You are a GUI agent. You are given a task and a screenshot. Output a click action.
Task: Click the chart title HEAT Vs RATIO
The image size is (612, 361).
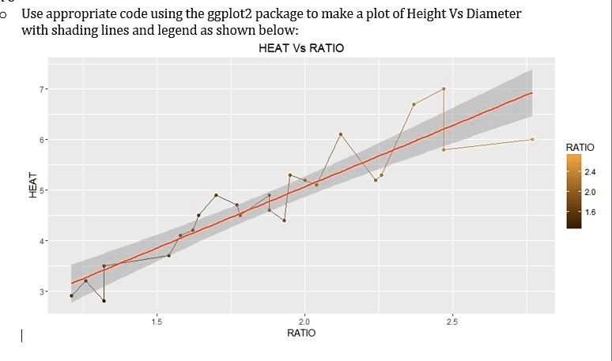tap(300, 48)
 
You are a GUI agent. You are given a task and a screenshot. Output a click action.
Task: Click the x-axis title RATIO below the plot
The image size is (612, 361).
tap(300, 333)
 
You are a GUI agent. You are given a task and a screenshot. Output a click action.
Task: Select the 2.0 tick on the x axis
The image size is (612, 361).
tap(305, 321)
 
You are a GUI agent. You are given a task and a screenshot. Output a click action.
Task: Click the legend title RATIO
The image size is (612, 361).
tap(580, 147)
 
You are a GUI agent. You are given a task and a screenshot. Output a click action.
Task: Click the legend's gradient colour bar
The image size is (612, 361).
tap(573, 190)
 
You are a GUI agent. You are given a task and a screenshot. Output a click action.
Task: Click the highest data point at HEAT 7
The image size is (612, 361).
tap(444, 88)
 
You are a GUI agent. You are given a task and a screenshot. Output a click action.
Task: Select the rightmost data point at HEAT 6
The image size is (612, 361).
tap(532, 139)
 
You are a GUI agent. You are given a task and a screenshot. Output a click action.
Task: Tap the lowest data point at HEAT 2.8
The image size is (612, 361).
tap(104, 301)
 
